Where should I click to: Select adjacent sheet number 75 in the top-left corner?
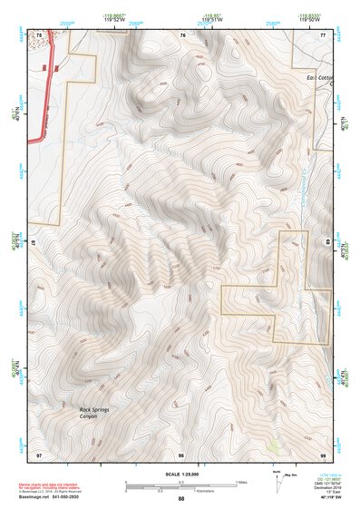39,34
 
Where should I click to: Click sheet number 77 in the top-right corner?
322,34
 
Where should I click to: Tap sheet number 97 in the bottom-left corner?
39,453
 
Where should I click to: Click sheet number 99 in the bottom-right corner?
322,453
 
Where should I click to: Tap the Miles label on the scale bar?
241,481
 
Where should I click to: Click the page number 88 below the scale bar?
180,499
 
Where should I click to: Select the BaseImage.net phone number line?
51,499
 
